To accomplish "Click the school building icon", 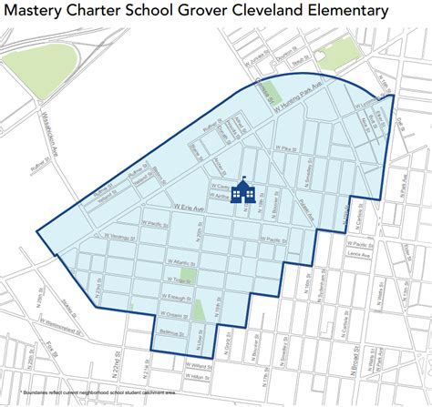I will click(243, 191).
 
